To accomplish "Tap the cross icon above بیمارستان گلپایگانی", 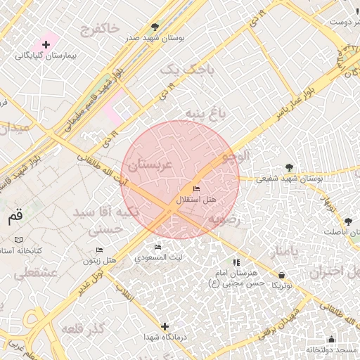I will [x=46, y=44].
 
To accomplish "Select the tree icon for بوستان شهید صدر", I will [x=155, y=27].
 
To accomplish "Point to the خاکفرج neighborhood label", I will [x=100, y=30].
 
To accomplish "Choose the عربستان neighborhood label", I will [x=148, y=166].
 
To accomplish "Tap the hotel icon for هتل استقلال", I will [x=196, y=189].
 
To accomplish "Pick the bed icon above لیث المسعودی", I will [x=157, y=247].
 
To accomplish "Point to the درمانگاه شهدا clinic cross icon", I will [x=165, y=326].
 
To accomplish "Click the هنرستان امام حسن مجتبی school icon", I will [x=236, y=262].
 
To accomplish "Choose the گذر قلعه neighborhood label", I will [x=82, y=329].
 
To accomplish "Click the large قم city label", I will [x=15, y=217].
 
